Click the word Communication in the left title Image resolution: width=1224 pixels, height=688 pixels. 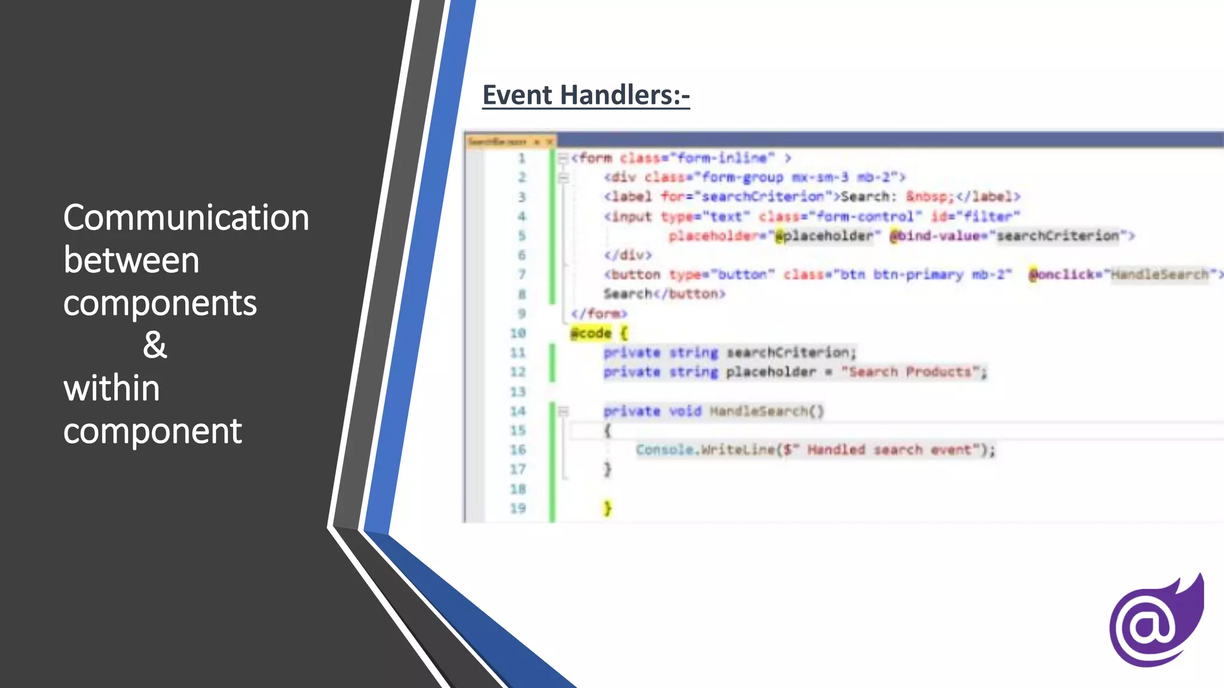[x=186, y=217]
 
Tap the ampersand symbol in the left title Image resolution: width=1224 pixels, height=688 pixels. [x=155, y=345]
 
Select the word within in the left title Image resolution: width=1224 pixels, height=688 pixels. [x=112, y=388]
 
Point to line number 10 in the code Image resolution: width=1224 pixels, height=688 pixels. [x=518, y=333]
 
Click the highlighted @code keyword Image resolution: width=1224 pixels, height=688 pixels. [x=591, y=333]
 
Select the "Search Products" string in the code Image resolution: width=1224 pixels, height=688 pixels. [x=910, y=372]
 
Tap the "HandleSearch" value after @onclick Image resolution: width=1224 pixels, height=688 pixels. [x=1159, y=275]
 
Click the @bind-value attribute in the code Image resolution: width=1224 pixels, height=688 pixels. [x=936, y=236]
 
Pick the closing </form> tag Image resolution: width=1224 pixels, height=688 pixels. [x=598, y=314]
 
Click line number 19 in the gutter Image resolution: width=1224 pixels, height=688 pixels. [x=518, y=508]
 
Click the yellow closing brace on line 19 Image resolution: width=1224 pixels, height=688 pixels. [x=607, y=508]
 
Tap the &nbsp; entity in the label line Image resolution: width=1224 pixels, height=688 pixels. [x=929, y=196]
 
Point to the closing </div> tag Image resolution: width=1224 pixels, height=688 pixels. [x=627, y=255]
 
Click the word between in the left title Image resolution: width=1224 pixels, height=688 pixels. [x=131, y=260]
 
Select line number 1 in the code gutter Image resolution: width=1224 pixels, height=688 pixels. [x=521, y=158]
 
